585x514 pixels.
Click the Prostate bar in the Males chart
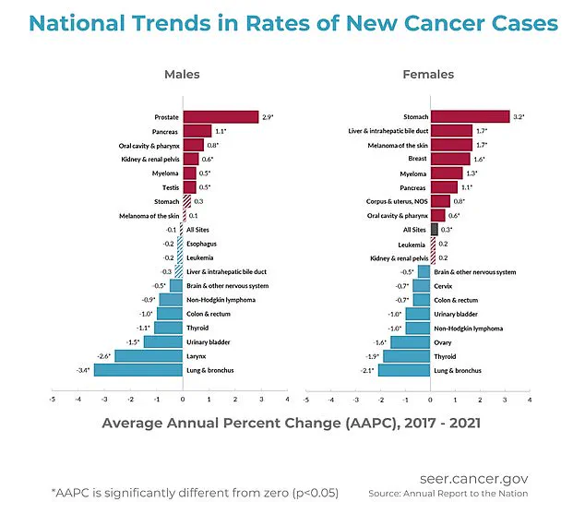[x=221, y=117]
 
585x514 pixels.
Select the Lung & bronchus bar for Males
[x=138, y=370]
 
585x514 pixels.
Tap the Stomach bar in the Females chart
[x=470, y=116]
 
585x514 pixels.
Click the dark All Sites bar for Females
[x=435, y=229]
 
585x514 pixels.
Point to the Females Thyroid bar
[x=406, y=356]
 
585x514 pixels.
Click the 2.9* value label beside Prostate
[x=268, y=117]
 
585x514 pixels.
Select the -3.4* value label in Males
[x=81, y=370]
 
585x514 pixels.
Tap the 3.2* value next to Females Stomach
[x=519, y=116]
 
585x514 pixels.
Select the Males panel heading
[x=182, y=74]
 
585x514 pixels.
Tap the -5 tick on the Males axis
[x=53, y=400]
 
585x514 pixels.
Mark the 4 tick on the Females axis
[x=530, y=400]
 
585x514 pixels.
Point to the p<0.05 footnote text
[x=310, y=493]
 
